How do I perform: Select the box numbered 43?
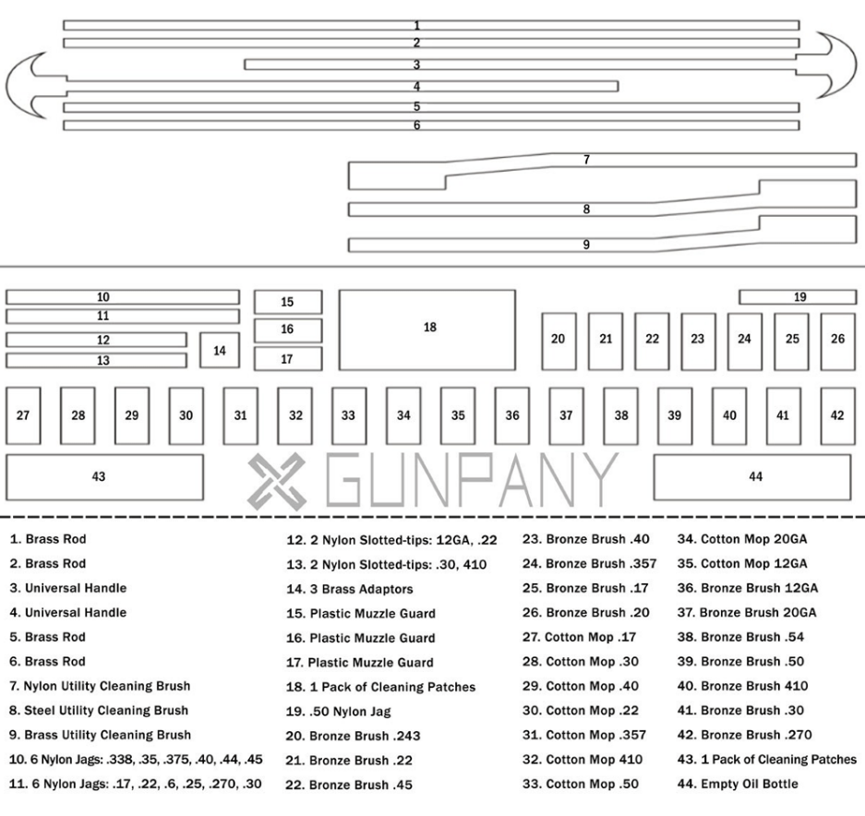[104, 476]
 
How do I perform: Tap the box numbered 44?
[755, 476]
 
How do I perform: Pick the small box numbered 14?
[220, 351]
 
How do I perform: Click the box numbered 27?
[24, 414]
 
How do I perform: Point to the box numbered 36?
[511, 414]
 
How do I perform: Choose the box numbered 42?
[837, 414]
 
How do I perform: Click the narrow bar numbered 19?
[799, 296]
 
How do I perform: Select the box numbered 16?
[288, 330]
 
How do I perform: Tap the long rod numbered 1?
[430, 25]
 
